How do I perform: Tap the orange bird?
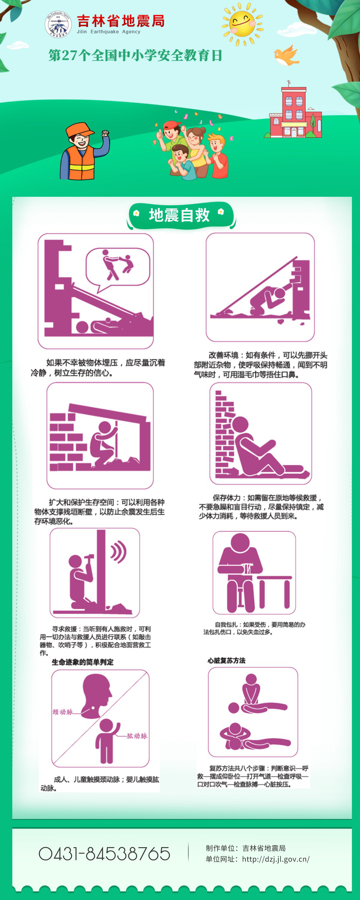(x=286, y=55)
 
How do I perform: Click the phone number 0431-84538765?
(x=104, y=854)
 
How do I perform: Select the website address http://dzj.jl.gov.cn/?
(x=276, y=859)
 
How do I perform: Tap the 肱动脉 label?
(x=137, y=736)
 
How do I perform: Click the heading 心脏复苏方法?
(x=226, y=661)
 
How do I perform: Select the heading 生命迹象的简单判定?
(x=82, y=662)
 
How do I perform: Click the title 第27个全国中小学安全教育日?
(x=135, y=55)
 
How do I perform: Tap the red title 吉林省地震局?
(x=121, y=21)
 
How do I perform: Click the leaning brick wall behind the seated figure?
(x=225, y=433)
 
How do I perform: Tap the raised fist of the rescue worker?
(x=105, y=133)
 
